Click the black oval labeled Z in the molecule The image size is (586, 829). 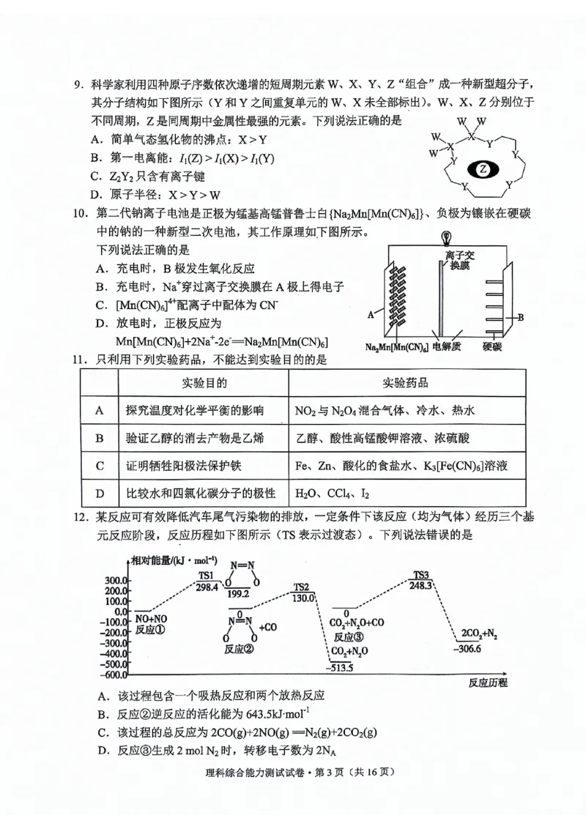tap(482, 169)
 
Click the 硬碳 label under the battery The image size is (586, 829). tap(494, 346)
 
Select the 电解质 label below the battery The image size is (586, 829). tap(446, 346)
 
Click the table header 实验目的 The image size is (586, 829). tap(204, 383)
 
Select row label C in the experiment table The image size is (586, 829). tap(100, 465)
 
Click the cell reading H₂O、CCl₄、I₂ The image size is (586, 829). tap(330, 492)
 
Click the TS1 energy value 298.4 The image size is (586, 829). tap(207, 587)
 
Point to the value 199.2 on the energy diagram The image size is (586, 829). tap(238, 593)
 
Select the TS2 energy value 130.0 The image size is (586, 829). tap(303, 598)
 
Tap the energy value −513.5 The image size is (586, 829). tap(342, 667)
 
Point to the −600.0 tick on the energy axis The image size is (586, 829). tap(116, 674)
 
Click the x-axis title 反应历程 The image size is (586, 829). tap(487, 683)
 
